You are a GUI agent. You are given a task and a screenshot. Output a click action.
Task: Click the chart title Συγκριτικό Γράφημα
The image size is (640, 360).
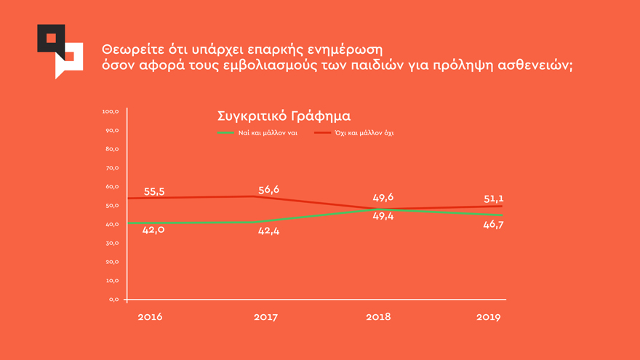point(284,116)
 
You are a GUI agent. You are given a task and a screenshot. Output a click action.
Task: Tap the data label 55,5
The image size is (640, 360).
point(154,192)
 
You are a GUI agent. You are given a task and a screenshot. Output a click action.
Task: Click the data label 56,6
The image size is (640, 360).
point(268,190)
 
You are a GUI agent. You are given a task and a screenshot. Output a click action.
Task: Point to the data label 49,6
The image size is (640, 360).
point(383,198)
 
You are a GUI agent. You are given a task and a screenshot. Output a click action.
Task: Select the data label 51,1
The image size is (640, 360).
point(494,199)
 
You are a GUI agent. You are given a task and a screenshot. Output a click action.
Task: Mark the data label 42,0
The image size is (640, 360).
point(154,230)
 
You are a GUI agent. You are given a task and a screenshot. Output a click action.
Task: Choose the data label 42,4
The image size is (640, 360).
point(268,231)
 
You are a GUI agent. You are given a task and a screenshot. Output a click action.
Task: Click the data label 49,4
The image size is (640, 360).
point(383,216)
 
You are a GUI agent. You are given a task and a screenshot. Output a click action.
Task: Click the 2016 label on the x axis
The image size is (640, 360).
point(151,317)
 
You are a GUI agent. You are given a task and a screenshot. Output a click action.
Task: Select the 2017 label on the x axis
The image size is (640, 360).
point(265,317)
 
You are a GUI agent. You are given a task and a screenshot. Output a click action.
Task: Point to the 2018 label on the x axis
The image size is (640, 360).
point(379,317)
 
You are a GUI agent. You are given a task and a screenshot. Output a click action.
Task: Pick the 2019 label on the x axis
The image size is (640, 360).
point(489,317)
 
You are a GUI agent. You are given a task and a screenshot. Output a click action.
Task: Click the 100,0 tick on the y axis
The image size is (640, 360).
point(111,112)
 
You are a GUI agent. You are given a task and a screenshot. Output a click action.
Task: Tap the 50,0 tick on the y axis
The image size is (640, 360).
point(112,206)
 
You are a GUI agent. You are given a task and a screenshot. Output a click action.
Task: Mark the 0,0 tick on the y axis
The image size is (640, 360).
point(113,300)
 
